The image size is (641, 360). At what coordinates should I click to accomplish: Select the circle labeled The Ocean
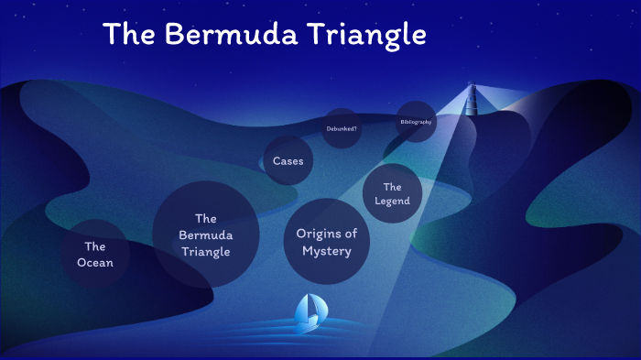[x=95, y=255]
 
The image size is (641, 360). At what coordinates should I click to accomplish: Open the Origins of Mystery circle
[x=327, y=241]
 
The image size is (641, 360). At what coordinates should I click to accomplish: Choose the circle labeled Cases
[x=288, y=161]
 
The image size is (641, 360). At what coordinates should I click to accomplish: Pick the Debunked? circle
[x=342, y=128]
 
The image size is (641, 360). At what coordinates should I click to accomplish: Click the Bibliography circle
[x=416, y=122]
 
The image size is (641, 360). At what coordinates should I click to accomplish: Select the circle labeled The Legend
[x=393, y=194]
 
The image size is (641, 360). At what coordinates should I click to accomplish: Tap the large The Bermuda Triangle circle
[x=206, y=235]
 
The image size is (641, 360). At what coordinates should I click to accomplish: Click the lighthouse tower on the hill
[x=473, y=99]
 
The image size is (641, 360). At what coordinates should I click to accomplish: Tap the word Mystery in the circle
[x=327, y=250]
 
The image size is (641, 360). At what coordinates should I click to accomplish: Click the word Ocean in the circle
[x=95, y=264]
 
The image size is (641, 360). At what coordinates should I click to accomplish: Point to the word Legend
[x=393, y=202]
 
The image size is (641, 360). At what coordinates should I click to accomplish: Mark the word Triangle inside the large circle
[x=206, y=252]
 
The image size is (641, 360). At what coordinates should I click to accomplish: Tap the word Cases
[x=288, y=161]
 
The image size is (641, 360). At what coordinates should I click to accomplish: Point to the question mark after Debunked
[x=355, y=128]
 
